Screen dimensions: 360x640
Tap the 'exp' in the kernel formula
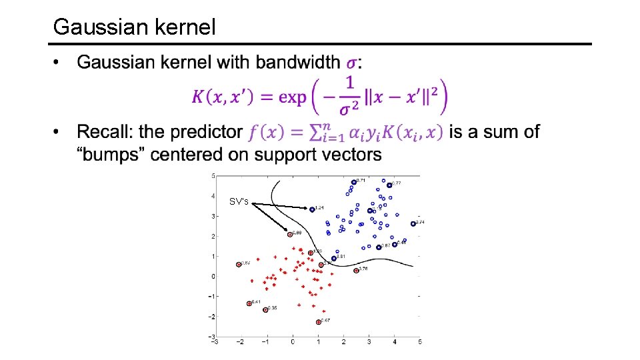(x=292, y=97)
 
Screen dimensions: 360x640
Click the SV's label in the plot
(x=239, y=201)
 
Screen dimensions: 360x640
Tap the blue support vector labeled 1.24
(x=312, y=209)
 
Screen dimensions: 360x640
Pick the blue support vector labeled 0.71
(x=353, y=181)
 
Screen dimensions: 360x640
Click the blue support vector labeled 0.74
(x=413, y=223)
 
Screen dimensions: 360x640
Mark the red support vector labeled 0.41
(x=249, y=303)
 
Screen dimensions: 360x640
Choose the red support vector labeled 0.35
(x=265, y=309)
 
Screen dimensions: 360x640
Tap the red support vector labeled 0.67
(x=319, y=322)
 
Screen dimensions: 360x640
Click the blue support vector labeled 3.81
(x=334, y=258)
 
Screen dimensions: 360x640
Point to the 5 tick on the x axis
(x=419, y=342)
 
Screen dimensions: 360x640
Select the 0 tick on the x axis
(x=292, y=342)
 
